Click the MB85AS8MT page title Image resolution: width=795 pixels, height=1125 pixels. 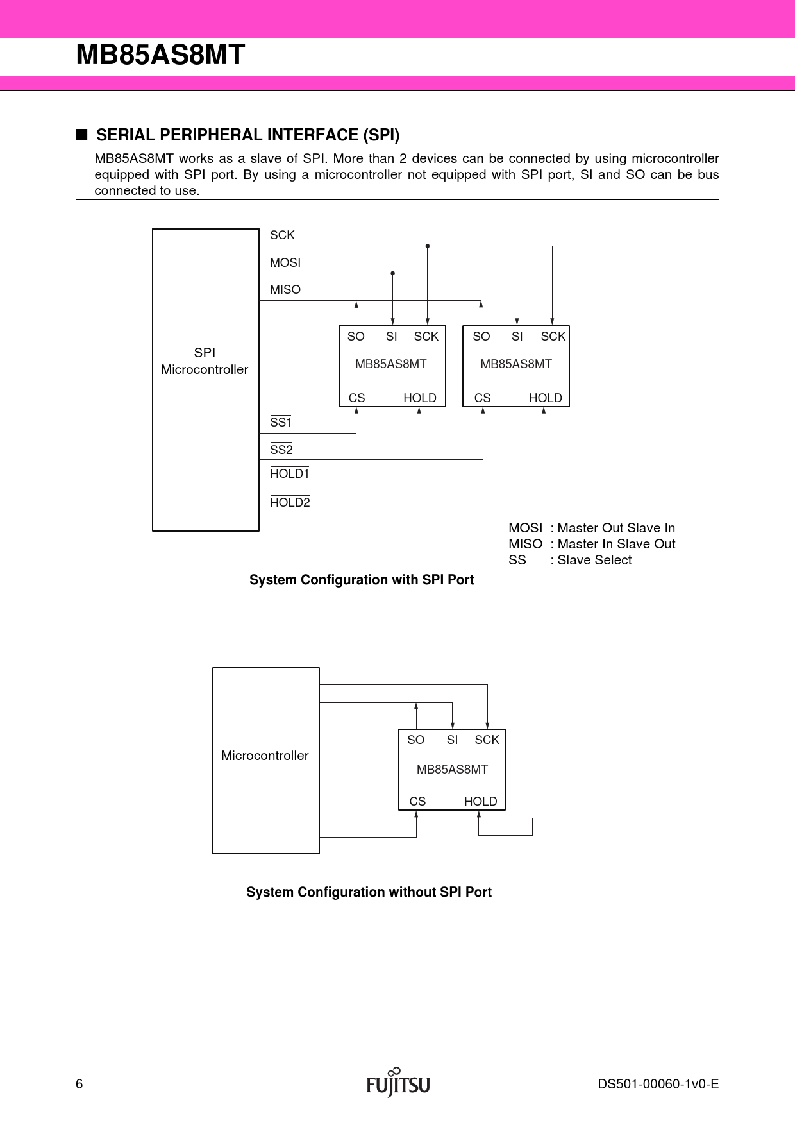[x=160, y=55]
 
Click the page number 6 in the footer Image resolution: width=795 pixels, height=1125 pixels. [x=79, y=1084]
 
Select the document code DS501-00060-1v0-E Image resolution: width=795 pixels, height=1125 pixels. [x=658, y=1084]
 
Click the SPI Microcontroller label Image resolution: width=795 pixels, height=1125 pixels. [x=205, y=361]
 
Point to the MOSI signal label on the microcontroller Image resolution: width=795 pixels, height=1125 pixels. [x=285, y=263]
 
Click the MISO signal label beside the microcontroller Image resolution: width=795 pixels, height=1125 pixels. [x=285, y=290]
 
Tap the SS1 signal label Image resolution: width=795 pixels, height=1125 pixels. [x=281, y=423]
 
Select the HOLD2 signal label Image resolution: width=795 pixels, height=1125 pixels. [x=290, y=503]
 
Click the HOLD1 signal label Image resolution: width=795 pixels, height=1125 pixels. [x=290, y=474]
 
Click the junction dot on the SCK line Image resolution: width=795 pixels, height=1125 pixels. [x=428, y=246]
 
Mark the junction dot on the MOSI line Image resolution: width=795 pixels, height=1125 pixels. [x=393, y=273]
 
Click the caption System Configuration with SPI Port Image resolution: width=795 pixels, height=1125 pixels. [x=362, y=580]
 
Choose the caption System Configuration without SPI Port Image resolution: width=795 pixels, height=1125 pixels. [x=369, y=892]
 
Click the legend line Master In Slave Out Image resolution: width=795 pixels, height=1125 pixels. [x=592, y=544]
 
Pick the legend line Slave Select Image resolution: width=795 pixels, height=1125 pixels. [x=570, y=560]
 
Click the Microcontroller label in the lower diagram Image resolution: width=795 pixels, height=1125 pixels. [x=265, y=756]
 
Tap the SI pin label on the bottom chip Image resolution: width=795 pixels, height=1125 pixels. [x=452, y=740]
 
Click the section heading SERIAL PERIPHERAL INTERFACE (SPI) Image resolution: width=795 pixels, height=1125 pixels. [x=247, y=135]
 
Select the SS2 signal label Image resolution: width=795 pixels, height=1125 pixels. [x=281, y=450]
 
